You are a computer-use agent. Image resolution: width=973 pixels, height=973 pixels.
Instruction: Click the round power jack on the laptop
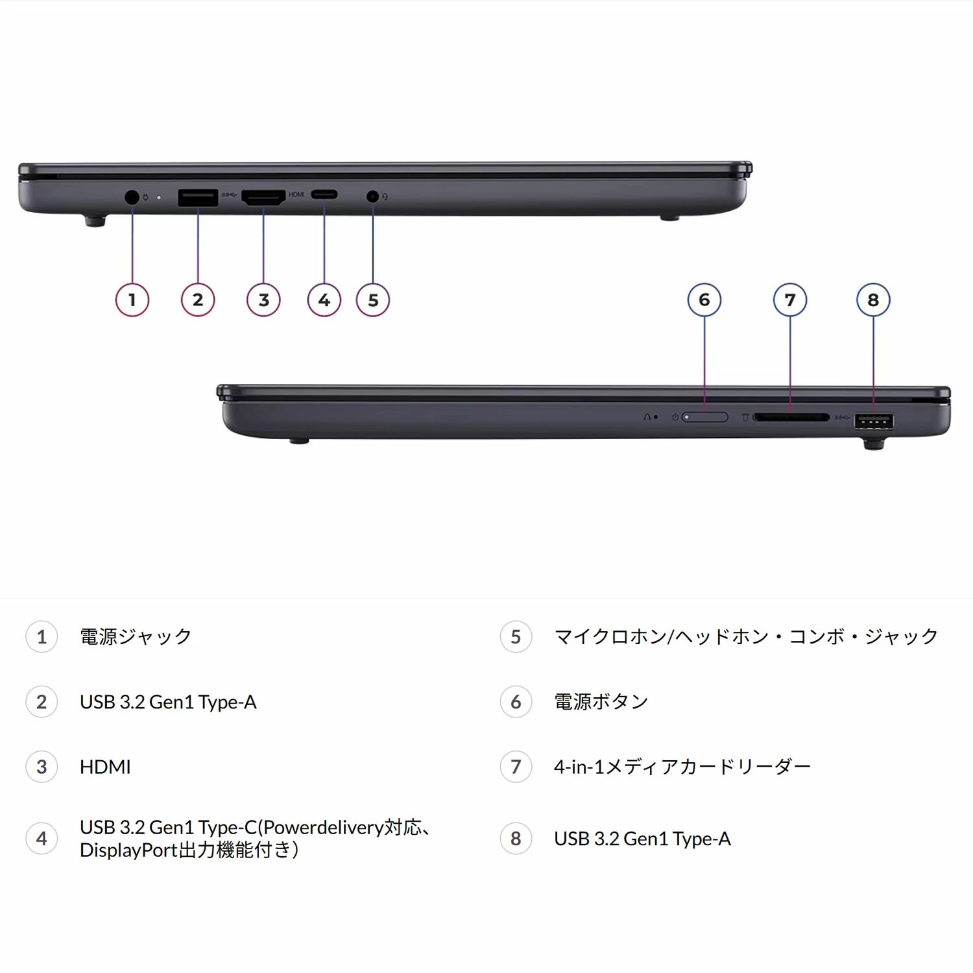[132, 197]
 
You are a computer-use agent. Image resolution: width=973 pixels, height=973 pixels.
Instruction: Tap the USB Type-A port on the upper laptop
[198, 197]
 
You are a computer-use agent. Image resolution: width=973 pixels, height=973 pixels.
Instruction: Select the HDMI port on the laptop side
[263, 197]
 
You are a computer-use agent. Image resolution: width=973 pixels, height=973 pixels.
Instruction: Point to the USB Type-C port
[324, 195]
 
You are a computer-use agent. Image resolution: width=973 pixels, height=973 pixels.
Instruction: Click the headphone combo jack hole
[372, 195]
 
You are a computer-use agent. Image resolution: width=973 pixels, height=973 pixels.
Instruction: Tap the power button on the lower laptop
[705, 417]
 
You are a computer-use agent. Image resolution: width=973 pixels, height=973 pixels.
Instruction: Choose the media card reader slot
[791, 418]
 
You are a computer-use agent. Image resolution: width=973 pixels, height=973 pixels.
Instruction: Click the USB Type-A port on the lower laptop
[874, 422]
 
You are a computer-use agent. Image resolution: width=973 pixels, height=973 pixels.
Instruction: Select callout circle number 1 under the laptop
[132, 300]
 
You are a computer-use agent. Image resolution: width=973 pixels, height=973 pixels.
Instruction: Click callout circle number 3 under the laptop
[263, 300]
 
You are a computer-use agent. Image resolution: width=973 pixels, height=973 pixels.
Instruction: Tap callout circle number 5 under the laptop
[373, 300]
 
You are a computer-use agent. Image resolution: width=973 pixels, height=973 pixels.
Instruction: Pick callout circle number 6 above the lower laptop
[704, 300]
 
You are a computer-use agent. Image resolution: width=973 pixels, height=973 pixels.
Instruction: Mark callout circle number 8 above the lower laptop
[873, 300]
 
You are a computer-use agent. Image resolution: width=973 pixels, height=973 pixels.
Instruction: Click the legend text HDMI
[105, 767]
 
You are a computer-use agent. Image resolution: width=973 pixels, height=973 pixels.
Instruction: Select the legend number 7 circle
[516, 767]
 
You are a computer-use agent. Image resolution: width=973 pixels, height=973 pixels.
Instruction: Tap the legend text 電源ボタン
[601, 701]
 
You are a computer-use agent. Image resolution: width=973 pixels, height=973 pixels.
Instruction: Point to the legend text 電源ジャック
[136, 636]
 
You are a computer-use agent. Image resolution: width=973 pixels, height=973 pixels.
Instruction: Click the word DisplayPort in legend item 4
[128, 850]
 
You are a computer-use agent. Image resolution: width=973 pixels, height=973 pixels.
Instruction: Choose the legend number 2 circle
[42, 702]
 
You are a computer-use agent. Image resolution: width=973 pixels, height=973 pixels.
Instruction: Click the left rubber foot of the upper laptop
[95, 221]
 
